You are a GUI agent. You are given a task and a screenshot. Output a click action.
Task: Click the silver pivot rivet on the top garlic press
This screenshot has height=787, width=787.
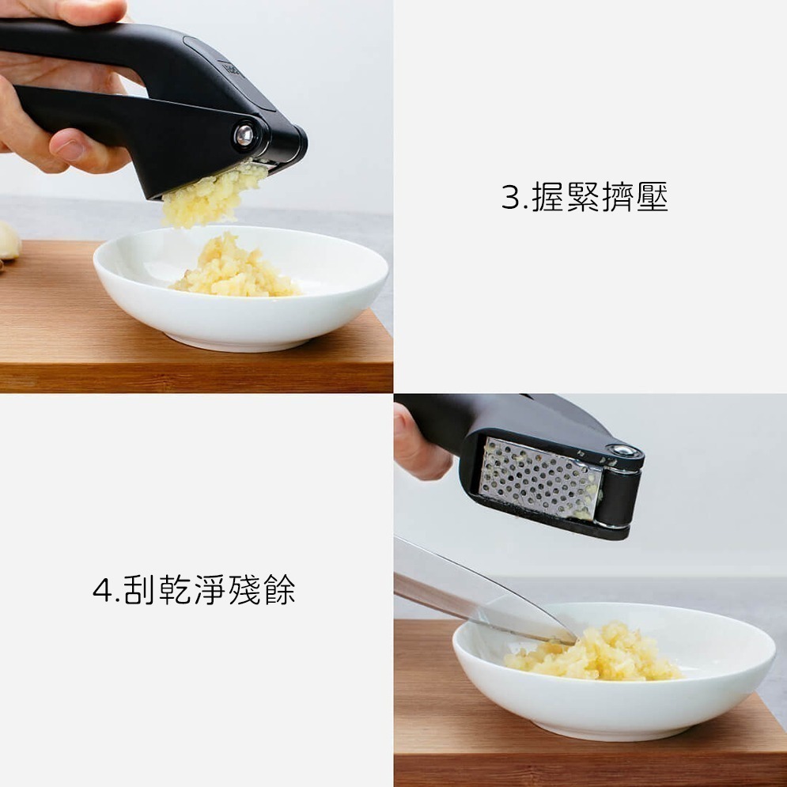point(244,135)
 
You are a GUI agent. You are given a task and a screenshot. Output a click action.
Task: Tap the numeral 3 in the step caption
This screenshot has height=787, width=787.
point(510,197)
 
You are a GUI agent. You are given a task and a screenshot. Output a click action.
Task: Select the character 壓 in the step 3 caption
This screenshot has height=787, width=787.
point(652,197)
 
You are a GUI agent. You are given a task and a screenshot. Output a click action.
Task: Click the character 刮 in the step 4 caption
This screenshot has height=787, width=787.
point(138,590)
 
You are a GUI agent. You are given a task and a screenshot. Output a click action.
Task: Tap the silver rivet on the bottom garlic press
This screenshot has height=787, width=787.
point(624,452)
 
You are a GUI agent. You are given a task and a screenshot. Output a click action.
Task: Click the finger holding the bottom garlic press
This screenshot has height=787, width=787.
point(419,451)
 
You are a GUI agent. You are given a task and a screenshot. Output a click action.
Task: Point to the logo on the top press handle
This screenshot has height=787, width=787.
point(230,70)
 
